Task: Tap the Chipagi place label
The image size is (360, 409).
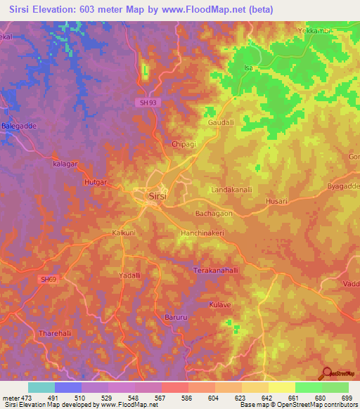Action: click(x=184, y=144)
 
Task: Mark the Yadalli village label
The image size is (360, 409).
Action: click(x=130, y=275)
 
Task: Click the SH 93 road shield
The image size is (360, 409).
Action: click(x=143, y=103)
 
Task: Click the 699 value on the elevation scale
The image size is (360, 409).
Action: click(x=347, y=397)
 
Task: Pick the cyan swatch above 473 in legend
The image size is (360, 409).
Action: click(x=41, y=387)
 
